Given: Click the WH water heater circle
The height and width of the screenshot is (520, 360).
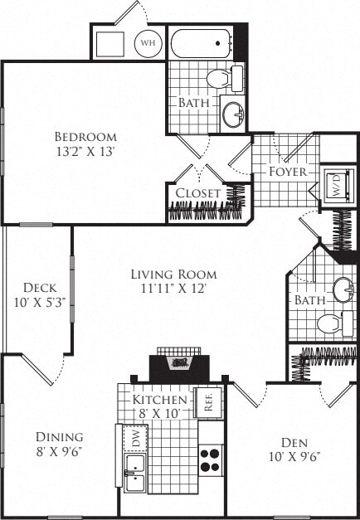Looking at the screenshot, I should tap(148, 42).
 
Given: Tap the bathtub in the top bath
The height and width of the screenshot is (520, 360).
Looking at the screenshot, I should tap(201, 41).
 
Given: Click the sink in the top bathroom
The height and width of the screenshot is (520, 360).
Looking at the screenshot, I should tap(233, 111).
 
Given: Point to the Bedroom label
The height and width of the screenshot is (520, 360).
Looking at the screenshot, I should tap(85, 136).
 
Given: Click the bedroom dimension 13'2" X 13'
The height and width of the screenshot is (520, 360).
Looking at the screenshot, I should tap(85, 151).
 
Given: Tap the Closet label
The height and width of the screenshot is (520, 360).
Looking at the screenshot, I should tap(197, 192).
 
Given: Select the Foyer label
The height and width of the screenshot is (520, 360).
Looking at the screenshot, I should tap(288, 172).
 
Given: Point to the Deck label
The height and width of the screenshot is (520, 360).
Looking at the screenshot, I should tap(38, 288).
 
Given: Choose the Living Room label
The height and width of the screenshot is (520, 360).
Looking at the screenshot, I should tap(174, 274).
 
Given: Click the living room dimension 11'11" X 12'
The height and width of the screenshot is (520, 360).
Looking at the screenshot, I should tap(174, 289).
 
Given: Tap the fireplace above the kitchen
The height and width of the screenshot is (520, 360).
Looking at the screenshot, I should tap(179, 362).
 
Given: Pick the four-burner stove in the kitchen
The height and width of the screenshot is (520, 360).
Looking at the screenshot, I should tap(211, 459).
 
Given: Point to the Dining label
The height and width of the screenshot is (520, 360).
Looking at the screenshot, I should tap(59, 437).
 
